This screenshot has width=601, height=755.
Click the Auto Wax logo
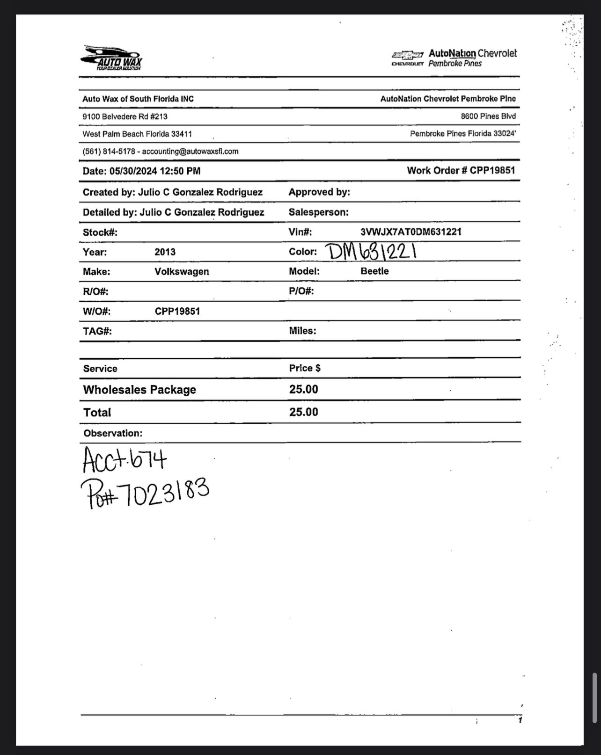[x=111, y=58]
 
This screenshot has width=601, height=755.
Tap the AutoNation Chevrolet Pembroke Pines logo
[x=454, y=58]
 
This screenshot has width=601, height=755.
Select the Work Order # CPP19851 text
[x=461, y=170]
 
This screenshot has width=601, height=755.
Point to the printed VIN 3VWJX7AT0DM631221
[x=410, y=232]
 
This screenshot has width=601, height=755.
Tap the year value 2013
[x=165, y=252]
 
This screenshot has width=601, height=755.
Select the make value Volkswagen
[x=182, y=272]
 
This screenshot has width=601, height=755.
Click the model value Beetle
[x=374, y=271]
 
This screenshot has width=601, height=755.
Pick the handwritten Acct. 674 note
[x=124, y=459]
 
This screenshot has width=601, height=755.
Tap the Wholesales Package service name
[x=139, y=390]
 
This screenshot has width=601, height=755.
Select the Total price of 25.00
[x=303, y=412]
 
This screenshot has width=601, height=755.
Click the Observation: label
[x=113, y=433]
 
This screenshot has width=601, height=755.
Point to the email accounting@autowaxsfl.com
[x=190, y=152]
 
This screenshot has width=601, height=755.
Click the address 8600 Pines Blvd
[x=488, y=116]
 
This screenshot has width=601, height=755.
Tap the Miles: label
[x=302, y=331]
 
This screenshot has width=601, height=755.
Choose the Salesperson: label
[x=318, y=212]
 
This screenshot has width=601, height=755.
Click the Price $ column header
[x=305, y=368]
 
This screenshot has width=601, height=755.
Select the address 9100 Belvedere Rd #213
[x=125, y=116]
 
